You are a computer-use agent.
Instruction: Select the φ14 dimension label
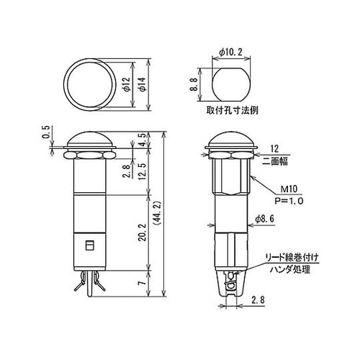point(143,87)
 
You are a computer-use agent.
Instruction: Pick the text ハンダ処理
point(286,268)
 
